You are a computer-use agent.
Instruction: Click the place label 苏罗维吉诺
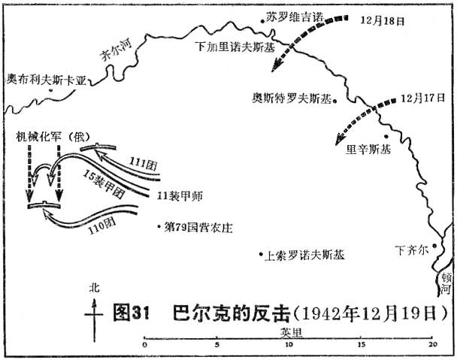tap(295, 17)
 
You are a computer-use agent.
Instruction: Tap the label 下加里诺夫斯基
tap(235, 47)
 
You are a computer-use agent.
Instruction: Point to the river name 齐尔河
tap(116, 50)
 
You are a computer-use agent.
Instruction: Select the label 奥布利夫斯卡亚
tap(47, 80)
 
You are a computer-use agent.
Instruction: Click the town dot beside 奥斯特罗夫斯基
tap(335, 101)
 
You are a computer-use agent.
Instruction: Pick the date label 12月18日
tap(383, 21)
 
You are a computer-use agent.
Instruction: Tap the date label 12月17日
tap(422, 98)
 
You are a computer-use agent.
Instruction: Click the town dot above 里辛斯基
tap(386, 136)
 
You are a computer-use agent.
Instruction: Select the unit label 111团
tap(143, 164)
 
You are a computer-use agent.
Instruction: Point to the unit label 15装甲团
tap(104, 184)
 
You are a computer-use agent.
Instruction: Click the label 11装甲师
tap(180, 196)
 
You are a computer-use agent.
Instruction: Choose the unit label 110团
tap(102, 226)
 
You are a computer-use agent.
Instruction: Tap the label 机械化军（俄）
tap(53, 137)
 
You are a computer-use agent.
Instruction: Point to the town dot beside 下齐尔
tap(434, 246)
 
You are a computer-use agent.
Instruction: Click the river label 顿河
tap(446, 283)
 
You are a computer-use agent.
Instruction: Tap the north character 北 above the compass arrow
tap(94, 289)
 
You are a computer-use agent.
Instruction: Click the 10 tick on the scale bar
tap(289, 338)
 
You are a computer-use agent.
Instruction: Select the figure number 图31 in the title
tap(131, 313)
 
